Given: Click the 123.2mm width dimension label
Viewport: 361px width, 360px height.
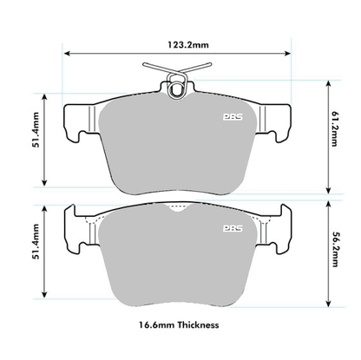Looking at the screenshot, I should pos(178,38).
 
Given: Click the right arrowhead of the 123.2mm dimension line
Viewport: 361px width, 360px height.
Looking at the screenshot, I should pos(292,52).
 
